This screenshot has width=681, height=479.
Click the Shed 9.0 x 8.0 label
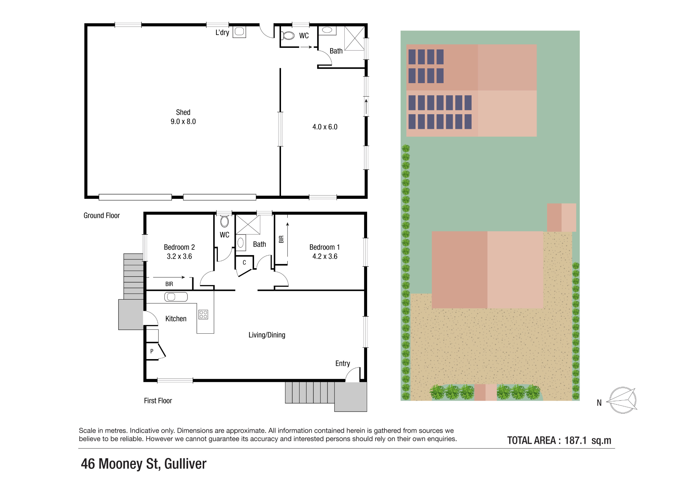coord(183,117)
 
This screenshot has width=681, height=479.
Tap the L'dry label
coord(222,33)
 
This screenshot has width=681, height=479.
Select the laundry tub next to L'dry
coord(239,32)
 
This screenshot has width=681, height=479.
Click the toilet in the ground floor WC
coord(288,36)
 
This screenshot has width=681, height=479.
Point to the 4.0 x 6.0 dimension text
coord(325,127)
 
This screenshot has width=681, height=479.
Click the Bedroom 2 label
coord(179,247)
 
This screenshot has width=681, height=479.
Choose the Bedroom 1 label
coord(324,247)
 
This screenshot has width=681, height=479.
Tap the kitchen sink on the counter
coord(176,297)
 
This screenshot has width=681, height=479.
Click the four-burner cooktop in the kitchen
coord(203,314)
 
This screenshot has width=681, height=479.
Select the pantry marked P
coord(152,351)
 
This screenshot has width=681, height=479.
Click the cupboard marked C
coord(244,263)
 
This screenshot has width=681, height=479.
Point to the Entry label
coord(342,363)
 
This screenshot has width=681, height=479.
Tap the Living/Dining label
coord(267,335)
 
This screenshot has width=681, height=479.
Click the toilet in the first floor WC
coord(224,222)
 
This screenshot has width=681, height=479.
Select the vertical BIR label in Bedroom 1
coord(281,239)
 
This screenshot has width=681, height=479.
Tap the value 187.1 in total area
coord(575,440)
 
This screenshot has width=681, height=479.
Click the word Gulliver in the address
coord(185,464)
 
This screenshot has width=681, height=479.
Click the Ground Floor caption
coord(101,216)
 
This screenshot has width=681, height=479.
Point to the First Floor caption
coord(158,401)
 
